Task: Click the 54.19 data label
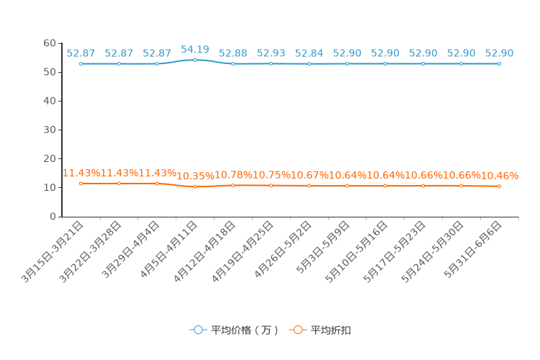pos(194,50)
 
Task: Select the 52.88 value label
pos(233,53)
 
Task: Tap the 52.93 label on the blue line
pos(271,53)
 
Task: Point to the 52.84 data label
pos(309,53)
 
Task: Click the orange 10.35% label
pos(194,176)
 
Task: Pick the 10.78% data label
pos(233,175)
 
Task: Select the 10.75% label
pos(271,175)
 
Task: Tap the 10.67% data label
pos(310,175)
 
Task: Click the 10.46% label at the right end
pos(500,176)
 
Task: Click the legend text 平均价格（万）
pos(245,330)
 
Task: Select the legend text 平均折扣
pos(330,330)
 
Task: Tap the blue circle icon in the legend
pos(198,330)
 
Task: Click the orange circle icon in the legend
pos(297,330)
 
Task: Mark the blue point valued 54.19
pos(194,60)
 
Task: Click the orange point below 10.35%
pos(194,186)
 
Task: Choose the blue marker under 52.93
pos(271,63)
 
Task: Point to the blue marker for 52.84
pos(309,63)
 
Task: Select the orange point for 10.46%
pos(499,186)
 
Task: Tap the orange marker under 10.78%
pos(233,185)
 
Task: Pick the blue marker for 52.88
pos(233,63)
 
